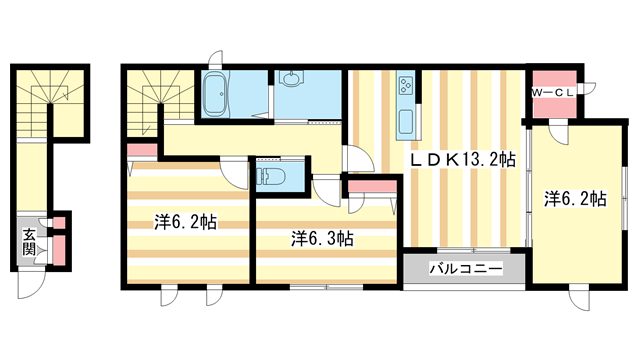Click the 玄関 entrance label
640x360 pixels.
coord(30,242)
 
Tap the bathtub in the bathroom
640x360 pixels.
coord(215,97)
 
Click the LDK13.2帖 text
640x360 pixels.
coord(460,158)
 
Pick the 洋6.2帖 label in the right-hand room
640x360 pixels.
coord(576,198)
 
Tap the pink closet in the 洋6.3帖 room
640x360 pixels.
coord(369,186)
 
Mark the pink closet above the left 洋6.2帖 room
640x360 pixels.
coord(142,151)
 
